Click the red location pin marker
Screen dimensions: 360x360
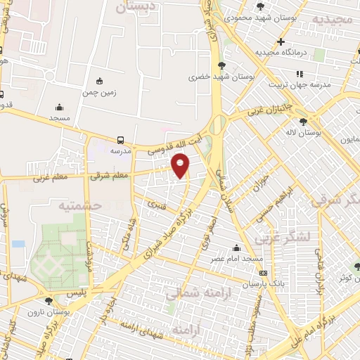click(181, 165)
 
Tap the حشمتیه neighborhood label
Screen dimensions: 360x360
click(79, 205)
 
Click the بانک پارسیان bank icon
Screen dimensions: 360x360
click(262, 273)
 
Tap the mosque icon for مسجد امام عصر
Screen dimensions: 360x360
click(236, 248)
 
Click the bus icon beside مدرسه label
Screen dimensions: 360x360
click(122, 140)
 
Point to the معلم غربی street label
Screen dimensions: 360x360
click(48, 179)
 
